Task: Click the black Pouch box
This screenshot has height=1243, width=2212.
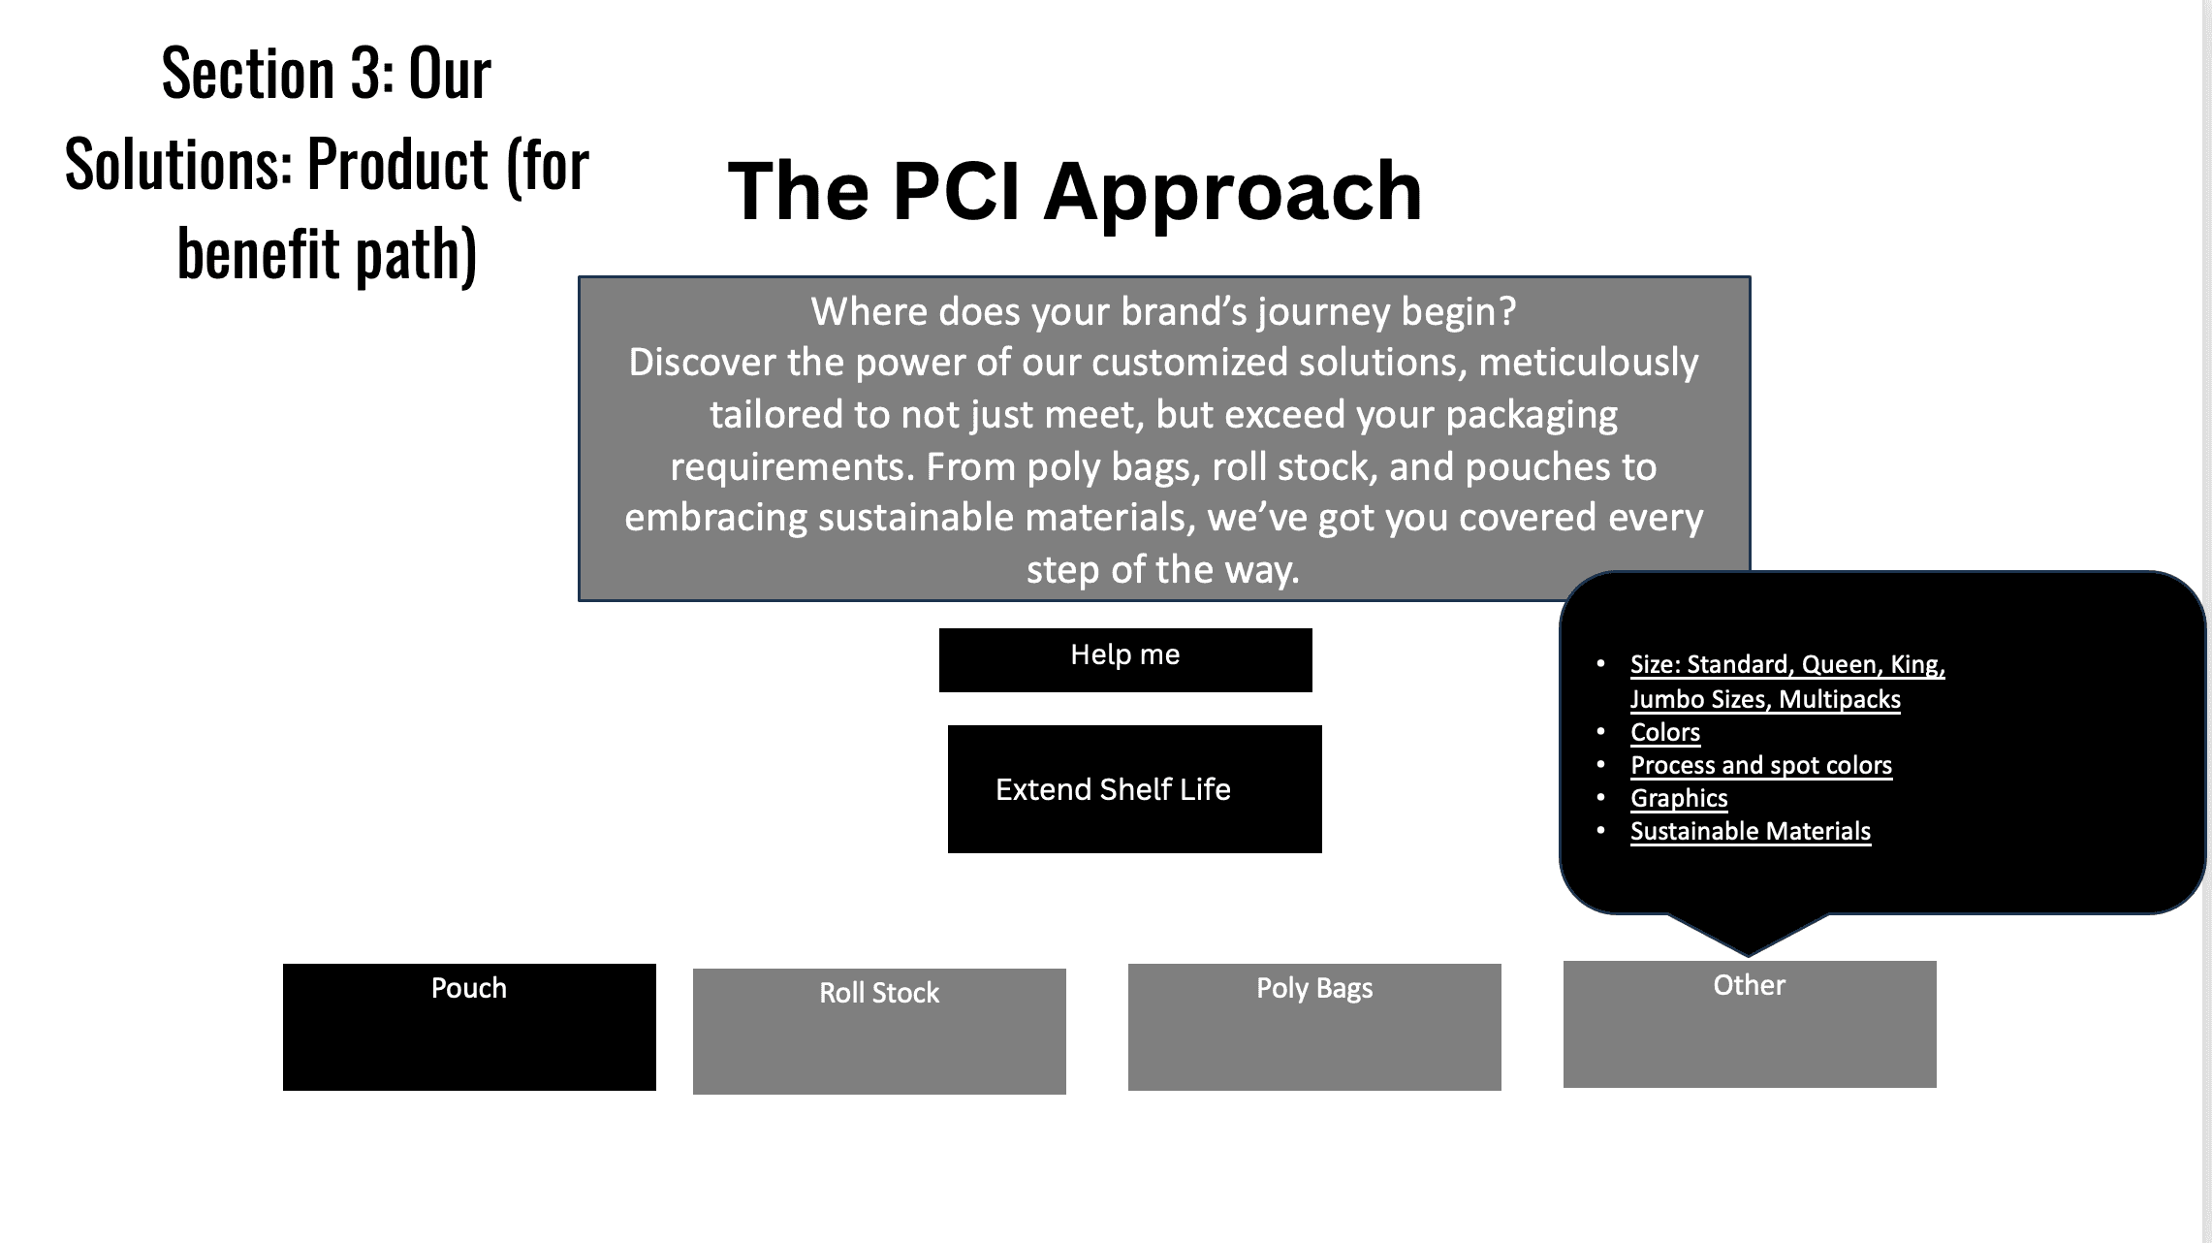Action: [x=469, y=1027]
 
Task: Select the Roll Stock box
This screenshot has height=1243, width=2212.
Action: [x=879, y=1032]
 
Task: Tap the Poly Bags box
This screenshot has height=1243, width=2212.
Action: [x=1314, y=1027]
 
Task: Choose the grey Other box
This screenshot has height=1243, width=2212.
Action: [x=1750, y=1024]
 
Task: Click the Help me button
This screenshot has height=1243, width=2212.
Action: [x=1125, y=660]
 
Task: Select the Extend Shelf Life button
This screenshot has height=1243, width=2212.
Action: [x=1135, y=789]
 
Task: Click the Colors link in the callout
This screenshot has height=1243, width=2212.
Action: [x=1665, y=732]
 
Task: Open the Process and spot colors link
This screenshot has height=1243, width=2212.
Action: [x=1761, y=765]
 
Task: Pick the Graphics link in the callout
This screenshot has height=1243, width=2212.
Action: [x=1679, y=798]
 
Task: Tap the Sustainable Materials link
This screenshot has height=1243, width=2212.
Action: [x=1751, y=831]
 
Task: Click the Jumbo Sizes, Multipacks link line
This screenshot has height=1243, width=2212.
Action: [x=1765, y=699]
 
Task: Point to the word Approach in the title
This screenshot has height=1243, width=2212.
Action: [x=1233, y=193]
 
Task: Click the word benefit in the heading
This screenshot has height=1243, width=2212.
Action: [x=258, y=254]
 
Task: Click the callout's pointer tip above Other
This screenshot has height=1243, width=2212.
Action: [x=1749, y=955]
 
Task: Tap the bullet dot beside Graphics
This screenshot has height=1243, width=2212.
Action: [x=1601, y=798]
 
